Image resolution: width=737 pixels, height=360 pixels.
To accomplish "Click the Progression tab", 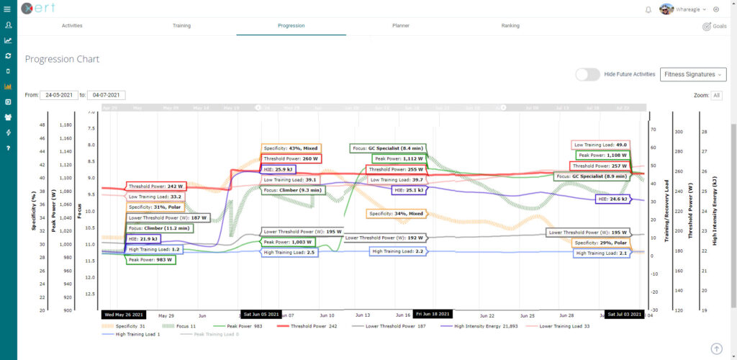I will tap(291, 26).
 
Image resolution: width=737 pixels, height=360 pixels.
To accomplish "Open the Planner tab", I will tap(401, 26).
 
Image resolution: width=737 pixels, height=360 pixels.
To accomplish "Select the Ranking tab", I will tap(510, 26).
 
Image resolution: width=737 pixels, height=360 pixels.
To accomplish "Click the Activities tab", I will tap(72, 26).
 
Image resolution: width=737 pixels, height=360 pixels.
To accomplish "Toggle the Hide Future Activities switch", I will tap(587, 74).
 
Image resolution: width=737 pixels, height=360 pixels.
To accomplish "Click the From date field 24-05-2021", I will tap(59, 95).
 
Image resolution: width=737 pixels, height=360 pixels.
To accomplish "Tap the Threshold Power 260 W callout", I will tap(291, 158).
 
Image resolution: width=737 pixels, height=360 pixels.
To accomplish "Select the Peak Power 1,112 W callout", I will tap(398, 158).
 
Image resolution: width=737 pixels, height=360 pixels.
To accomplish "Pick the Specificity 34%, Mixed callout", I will tap(397, 214).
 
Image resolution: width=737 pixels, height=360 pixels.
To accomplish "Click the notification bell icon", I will tap(648, 9).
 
